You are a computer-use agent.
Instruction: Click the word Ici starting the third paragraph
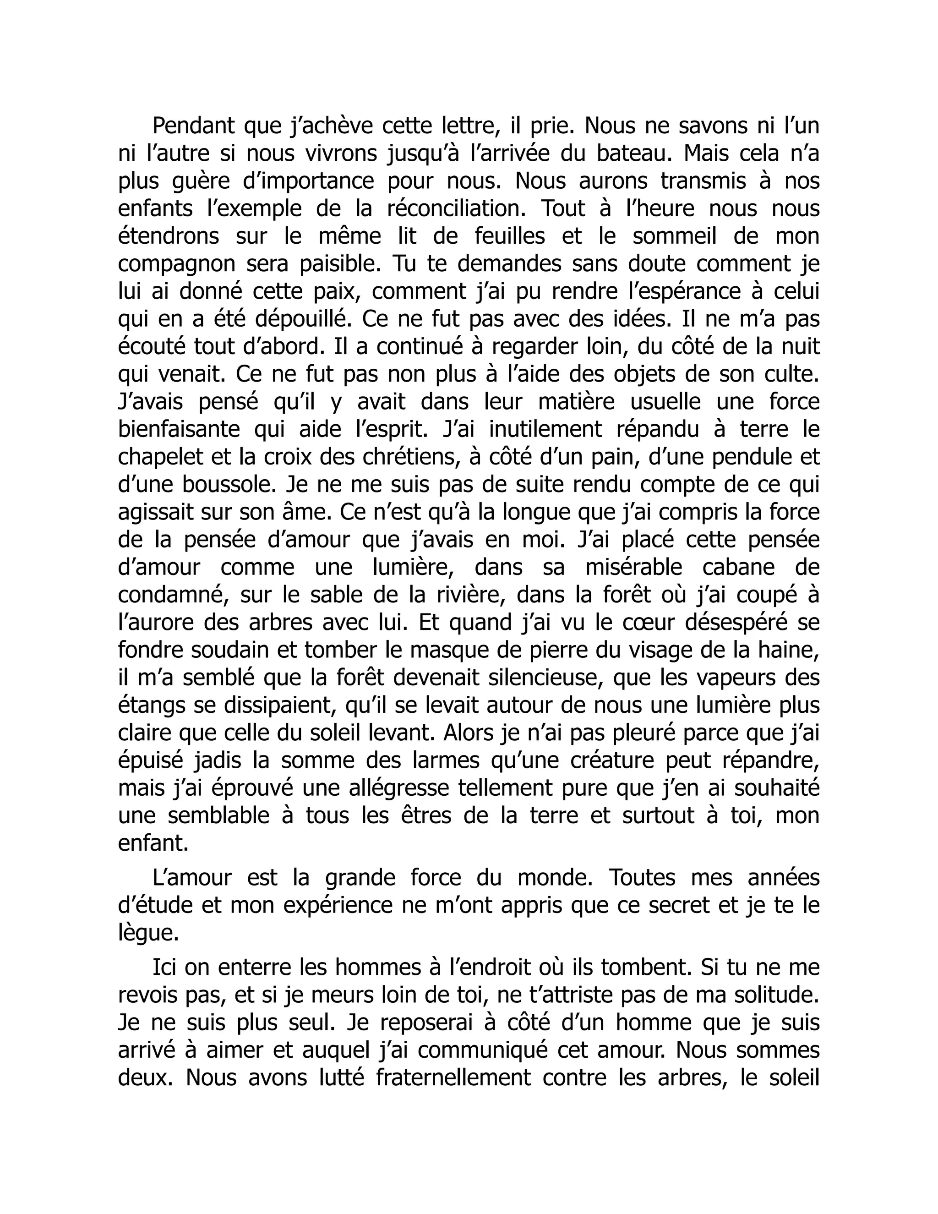pos(164,968)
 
